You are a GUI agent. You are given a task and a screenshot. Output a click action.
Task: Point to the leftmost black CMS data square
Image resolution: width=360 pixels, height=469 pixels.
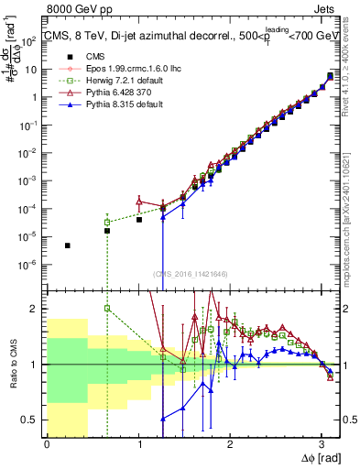pos(68,245)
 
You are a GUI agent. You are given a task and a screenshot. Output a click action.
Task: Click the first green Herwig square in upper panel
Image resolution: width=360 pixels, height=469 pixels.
pos(107,222)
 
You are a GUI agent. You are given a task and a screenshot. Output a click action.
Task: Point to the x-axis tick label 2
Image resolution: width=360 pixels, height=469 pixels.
pos(230,444)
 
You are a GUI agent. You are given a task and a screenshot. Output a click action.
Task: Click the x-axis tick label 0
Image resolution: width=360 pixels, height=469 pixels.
pos(47,444)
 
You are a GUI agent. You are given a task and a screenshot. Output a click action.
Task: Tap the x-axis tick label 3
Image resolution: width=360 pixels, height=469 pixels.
pos(322,444)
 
